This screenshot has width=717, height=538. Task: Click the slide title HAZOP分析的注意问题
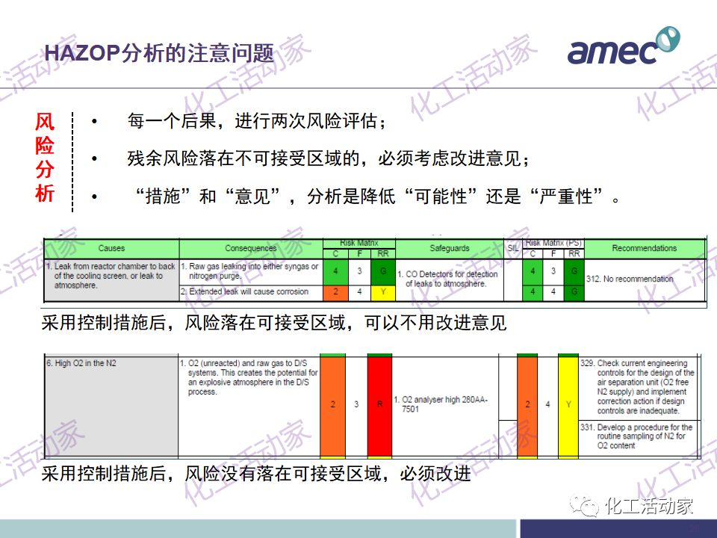point(159,53)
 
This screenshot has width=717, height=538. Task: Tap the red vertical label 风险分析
point(45,158)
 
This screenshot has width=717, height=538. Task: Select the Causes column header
point(111,248)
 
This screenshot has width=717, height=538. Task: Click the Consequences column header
point(250,248)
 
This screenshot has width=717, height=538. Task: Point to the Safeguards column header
point(450,248)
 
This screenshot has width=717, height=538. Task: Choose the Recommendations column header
point(644,248)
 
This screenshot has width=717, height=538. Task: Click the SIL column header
point(512,248)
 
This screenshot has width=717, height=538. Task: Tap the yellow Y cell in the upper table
point(383,291)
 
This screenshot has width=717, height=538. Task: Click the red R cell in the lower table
point(380,404)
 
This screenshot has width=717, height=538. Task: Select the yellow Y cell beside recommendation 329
point(568,404)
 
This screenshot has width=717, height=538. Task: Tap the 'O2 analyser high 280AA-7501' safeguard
point(444,404)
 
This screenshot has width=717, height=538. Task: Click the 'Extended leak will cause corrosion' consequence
point(249,291)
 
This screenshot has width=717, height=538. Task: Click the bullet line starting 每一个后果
point(258,121)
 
